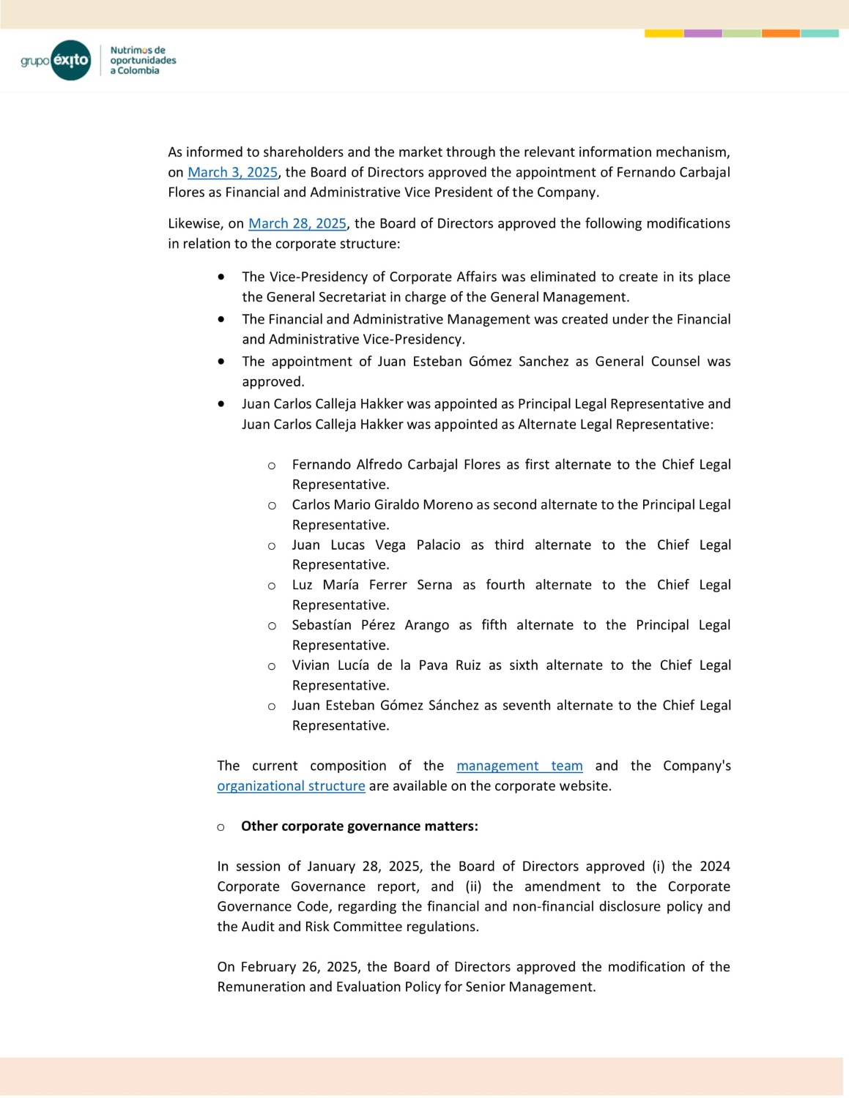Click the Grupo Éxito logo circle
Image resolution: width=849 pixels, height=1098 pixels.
(x=71, y=60)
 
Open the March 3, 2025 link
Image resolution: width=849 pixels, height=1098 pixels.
(x=232, y=172)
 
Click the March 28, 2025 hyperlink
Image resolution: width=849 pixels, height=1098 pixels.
(x=297, y=223)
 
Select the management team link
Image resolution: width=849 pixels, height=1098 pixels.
(x=519, y=766)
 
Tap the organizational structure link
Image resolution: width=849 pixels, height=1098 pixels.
(x=291, y=785)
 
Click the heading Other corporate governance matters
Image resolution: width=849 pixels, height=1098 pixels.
(x=359, y=826)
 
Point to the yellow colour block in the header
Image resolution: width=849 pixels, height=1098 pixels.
(x=664, y=34)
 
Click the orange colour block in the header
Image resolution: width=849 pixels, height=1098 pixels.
(x=780, y=34)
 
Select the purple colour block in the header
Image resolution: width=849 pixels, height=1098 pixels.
(x=702, y=34)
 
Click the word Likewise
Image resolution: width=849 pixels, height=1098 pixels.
(x=194, y=223)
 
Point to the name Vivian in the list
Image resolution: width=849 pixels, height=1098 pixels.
(x=311, y=665)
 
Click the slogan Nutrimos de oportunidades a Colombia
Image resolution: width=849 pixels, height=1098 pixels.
(x=143, y=60)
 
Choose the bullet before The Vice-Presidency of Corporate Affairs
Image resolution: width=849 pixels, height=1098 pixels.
(x=221, y=277)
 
